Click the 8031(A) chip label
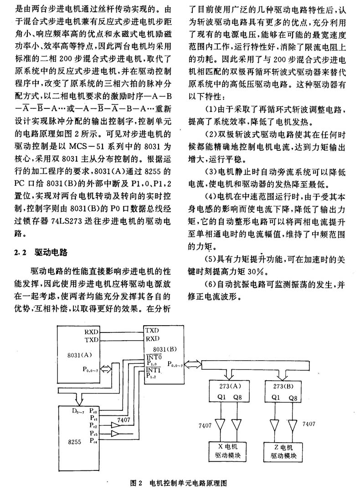pos(79,355)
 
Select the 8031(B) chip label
pos(165,349)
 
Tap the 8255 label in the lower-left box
pos(74,442)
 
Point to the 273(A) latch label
pos(230,386)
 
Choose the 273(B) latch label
pos(283,386)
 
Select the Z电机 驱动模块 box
pos(283,452)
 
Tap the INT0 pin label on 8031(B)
pos(154,357)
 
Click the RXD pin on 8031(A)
pos(91,332)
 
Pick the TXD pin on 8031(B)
pos(152,330)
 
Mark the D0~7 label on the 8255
pos(78,411)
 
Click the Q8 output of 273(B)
pos(293,398)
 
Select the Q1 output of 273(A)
pos(221,397)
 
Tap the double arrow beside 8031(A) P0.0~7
pos(106,369)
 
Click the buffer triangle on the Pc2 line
pos(115,425)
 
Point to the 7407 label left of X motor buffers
pos(205,425)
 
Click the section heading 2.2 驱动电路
pos(41,252)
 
